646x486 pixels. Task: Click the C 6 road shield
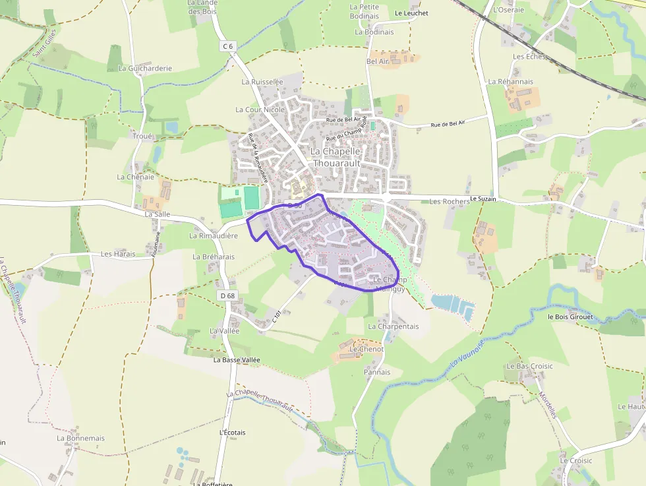point(227,46)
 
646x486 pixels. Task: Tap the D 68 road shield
point(227,296)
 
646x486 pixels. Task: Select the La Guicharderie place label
point(145,68)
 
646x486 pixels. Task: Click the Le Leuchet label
point(411,13)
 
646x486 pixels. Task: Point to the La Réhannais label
point(510,82)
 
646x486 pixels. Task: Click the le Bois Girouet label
point(570,317)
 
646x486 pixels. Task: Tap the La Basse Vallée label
point(237,360)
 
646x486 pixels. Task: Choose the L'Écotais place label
point(232,433)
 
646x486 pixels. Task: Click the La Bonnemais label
point(80,438)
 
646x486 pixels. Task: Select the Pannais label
point(377,372)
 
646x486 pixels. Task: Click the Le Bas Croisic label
point(529,366)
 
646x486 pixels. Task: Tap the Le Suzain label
point(483,198)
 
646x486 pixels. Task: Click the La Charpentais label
point(394,326)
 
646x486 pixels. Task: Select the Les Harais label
point(118,254)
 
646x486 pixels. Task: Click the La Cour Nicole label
point(260,109)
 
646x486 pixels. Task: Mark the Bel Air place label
point(378,61)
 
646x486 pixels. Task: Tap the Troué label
point(142,137)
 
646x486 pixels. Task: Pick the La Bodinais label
point(374,32)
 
